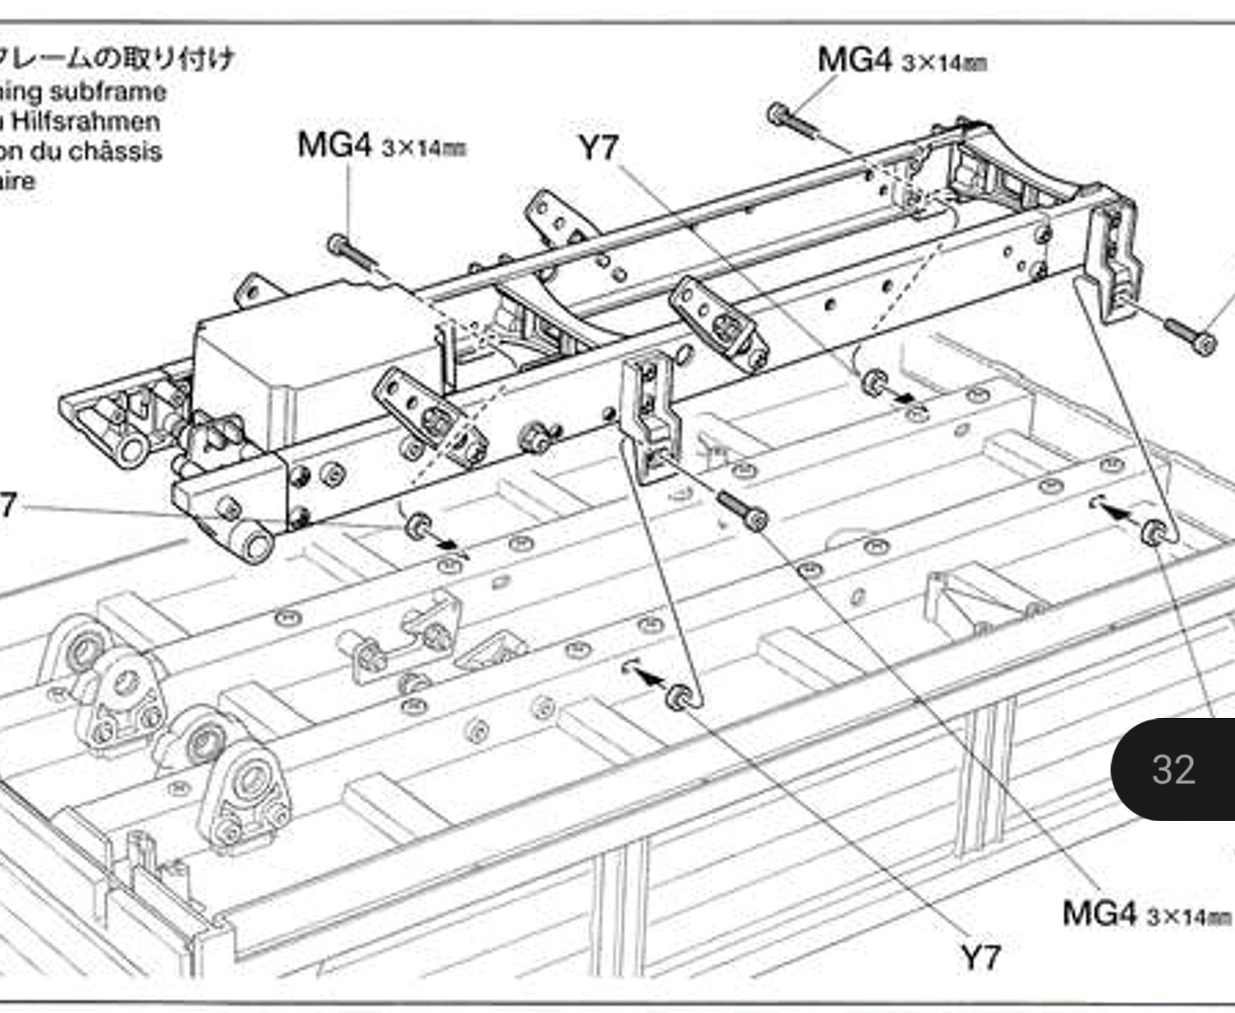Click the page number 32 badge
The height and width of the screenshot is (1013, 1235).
click(x=1174, y=769)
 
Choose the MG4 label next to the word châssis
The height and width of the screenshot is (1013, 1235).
click(x=335, y=144)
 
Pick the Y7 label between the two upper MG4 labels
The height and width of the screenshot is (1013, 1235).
click(x=598, y=148)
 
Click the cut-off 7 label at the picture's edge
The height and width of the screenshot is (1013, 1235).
click(x=7, y=506)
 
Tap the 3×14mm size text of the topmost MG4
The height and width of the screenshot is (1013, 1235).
click(x=944, y=63)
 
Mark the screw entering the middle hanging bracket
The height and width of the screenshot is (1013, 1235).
click(x=742, y=510)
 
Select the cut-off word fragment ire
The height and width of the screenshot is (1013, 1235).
click(x=17, y=182)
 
